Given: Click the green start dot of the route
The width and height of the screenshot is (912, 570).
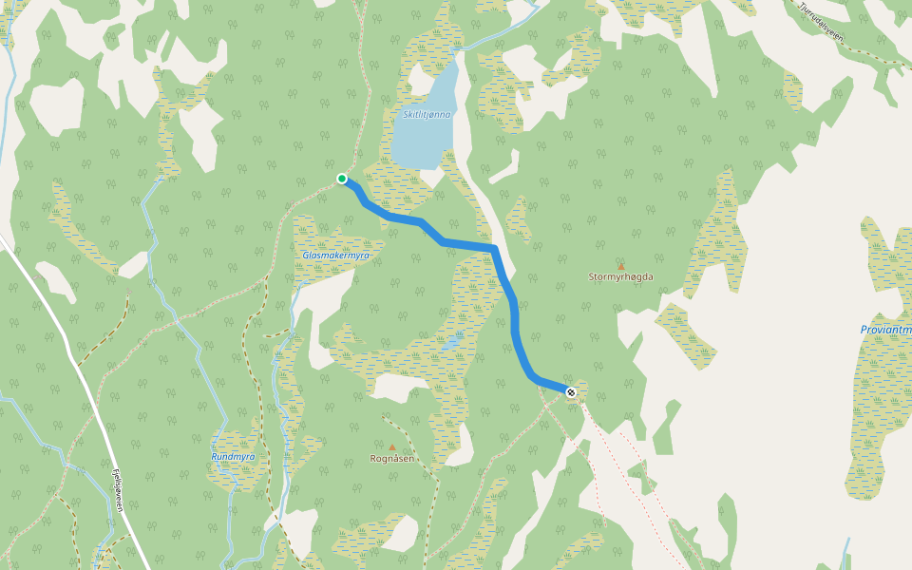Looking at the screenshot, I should (x=342, y=179).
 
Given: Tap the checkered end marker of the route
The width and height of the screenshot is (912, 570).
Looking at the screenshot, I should (x=571, y=392).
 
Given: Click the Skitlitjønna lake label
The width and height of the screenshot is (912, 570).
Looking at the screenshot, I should (x=427, y=115).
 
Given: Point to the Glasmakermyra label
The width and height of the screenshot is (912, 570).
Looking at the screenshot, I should (x=335, y=256).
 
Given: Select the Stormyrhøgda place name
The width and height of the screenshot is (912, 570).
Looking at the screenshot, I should (x=621, y=277).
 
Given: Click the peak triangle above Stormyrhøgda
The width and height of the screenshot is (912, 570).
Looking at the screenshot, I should (x=621, y=266).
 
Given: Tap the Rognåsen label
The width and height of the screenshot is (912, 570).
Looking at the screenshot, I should (x=391, y=458).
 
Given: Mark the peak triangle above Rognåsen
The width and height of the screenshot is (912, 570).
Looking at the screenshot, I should (x=391, y=446).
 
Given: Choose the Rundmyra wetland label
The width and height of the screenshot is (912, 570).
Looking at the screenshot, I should (x=233, y=457).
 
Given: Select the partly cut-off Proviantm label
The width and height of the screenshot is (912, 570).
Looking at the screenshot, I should (x=885, y=330).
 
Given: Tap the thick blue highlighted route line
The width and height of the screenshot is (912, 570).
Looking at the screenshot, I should (x=514, y=313).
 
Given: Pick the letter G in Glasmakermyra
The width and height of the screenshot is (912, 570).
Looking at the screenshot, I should (x=306, y=256).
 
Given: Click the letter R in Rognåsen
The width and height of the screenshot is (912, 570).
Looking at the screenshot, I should (x=373, y=458).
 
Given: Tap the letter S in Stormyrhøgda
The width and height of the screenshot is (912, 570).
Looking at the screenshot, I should (x=592, y=277).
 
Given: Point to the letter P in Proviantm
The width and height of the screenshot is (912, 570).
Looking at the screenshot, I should (x=864, y=330).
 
